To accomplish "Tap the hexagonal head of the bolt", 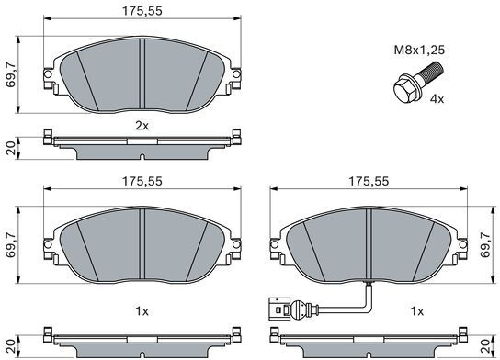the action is click(x=403, y=90).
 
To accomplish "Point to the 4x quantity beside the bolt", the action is click(x=437, y=99).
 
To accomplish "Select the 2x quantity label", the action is click(x=142, y=126).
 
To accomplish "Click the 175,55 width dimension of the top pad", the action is click(x=142, y=11).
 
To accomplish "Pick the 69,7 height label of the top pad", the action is click(x=10, y=75).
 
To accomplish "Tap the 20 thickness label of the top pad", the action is click(x=11, y=149).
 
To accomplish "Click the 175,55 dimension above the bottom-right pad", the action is click(x=369, y=181).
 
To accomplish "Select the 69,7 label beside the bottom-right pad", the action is click(x=486, y=244).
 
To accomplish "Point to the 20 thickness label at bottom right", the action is click(x=485, y=346).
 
